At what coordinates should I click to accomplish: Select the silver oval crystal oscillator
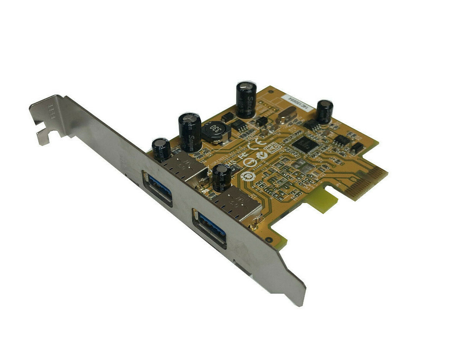(x=285, y=116)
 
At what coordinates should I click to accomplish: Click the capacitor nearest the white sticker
(x=324, y=112)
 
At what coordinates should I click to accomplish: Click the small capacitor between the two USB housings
(x=222, y=178)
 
